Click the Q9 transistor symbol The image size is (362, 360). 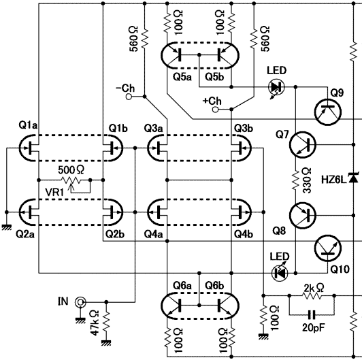328,112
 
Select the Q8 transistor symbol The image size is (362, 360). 302,216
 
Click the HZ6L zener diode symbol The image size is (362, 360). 353,178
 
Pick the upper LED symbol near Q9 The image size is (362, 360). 276,87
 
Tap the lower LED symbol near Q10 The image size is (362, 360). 280,274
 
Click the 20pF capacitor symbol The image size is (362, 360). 312,314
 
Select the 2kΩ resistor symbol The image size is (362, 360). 312,295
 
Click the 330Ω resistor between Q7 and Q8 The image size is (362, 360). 296,180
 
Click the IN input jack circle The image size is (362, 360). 80,301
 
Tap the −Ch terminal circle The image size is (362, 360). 129,97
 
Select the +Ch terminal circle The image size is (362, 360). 215,109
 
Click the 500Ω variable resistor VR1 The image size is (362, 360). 71,180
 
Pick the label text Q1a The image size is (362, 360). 28,125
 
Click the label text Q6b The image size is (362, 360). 214,286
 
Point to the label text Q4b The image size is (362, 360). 244,234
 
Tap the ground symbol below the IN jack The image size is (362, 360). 80,320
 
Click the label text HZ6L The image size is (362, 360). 334,180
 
